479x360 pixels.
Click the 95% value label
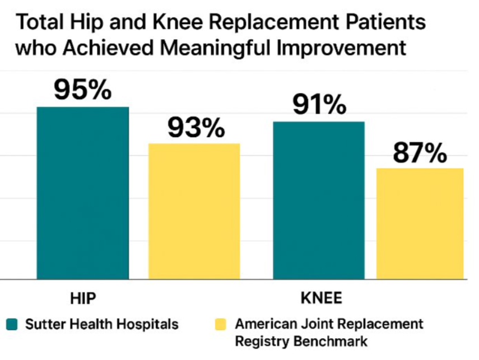pyautogui.click(x=82, y=89)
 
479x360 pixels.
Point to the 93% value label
pyautogui.click(x=196, y=128)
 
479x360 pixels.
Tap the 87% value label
pyautogui.click(x=420, y=152)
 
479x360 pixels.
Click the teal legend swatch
pyautogui.click(x=12, y=324)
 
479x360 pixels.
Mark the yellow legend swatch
pyautogui.click(x=221, y=324)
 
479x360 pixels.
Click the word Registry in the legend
pyautogui.click(x=260, y=340)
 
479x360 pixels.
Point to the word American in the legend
pyautogui.click(x=266, y=324)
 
